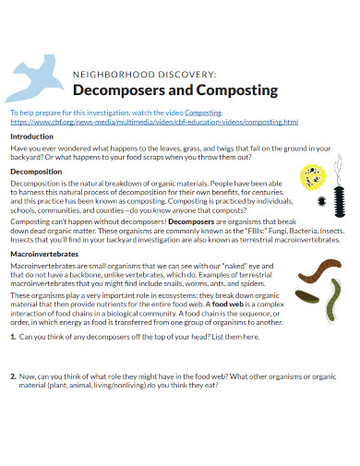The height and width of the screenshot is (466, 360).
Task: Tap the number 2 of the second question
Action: point(13,403)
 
